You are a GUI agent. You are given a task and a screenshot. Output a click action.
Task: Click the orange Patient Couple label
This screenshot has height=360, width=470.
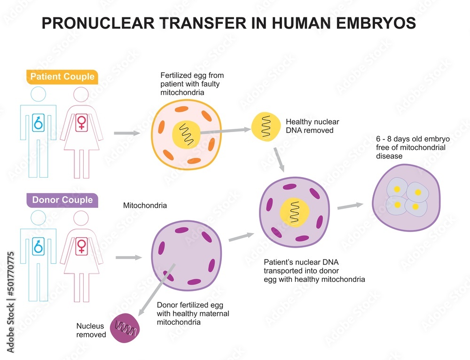[x=63, y=77]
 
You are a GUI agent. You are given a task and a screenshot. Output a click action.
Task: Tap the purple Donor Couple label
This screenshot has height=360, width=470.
[x=62, y=200]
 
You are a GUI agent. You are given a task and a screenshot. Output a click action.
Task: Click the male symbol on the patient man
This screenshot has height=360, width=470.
[x=38, y=123]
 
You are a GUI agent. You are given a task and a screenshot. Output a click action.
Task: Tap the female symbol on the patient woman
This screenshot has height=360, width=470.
[x=81, y=123]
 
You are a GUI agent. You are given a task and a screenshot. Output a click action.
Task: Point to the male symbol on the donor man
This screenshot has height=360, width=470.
[x=38, y=246]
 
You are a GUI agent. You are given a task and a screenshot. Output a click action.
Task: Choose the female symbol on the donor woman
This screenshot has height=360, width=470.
[x=81, y=246]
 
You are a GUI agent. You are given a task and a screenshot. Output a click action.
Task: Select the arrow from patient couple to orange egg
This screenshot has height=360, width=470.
[x=127, y=133]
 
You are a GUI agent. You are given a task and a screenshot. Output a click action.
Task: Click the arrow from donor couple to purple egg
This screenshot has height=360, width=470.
[x=128, y=257]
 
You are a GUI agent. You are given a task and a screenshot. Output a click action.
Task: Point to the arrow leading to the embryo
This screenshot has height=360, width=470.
[x=350, y=206]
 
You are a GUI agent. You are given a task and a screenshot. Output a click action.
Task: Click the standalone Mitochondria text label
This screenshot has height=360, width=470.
[x=145, y=205]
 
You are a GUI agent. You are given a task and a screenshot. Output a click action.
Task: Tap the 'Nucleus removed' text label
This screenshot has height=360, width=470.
[x=91, y=330]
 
